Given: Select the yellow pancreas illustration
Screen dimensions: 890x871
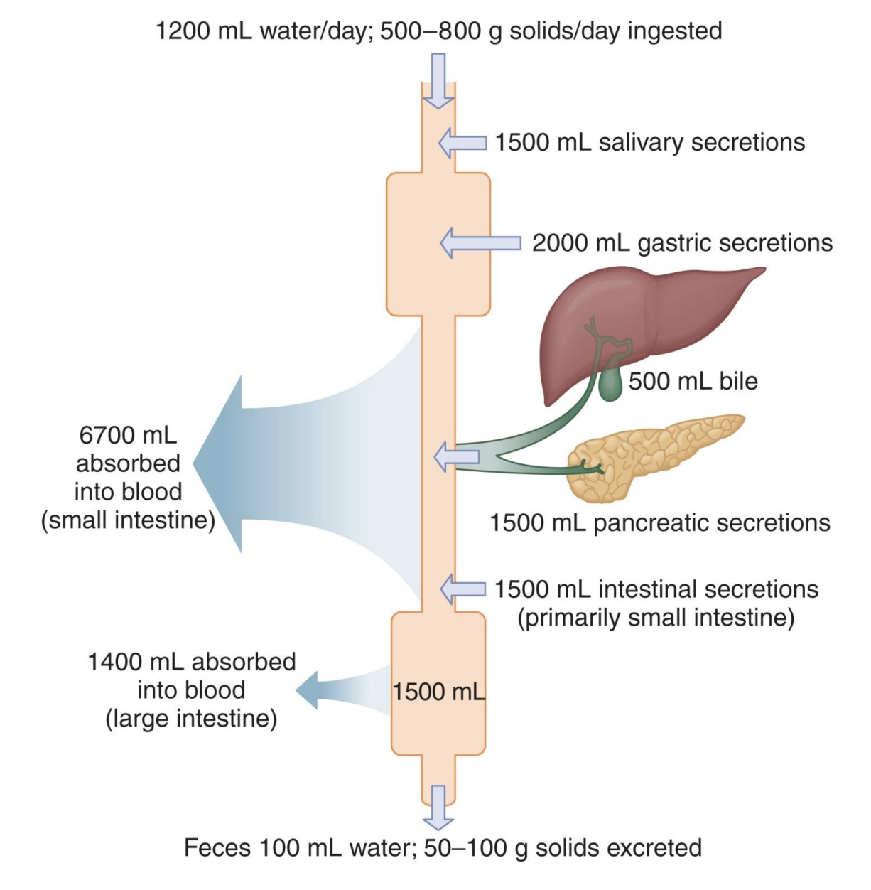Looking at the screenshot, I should (x=654, y=455).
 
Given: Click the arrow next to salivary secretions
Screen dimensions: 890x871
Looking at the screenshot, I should (x=462, y=143).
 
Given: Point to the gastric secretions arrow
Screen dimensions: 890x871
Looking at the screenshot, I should (x=480, y=243).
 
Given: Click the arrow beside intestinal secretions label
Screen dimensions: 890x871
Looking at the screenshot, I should (x=462, y=589).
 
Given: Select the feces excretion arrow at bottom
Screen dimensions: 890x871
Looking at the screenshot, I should (x=438, y=808).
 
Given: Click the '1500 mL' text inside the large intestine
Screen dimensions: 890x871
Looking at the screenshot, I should (x=438, y=692).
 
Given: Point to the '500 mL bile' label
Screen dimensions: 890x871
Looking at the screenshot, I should (x=693, y=381).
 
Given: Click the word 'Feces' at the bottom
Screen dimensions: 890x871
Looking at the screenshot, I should (x=217, y=847).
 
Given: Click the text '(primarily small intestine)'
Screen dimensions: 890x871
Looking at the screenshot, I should (x=655, y=618).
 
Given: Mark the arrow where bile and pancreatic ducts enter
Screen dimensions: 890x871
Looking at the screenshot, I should (x=445, y=456).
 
